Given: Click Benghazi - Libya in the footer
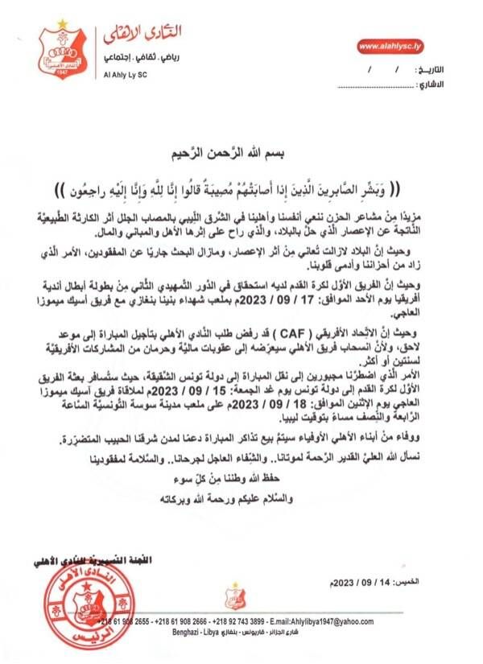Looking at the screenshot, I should (x=194, y=632).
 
